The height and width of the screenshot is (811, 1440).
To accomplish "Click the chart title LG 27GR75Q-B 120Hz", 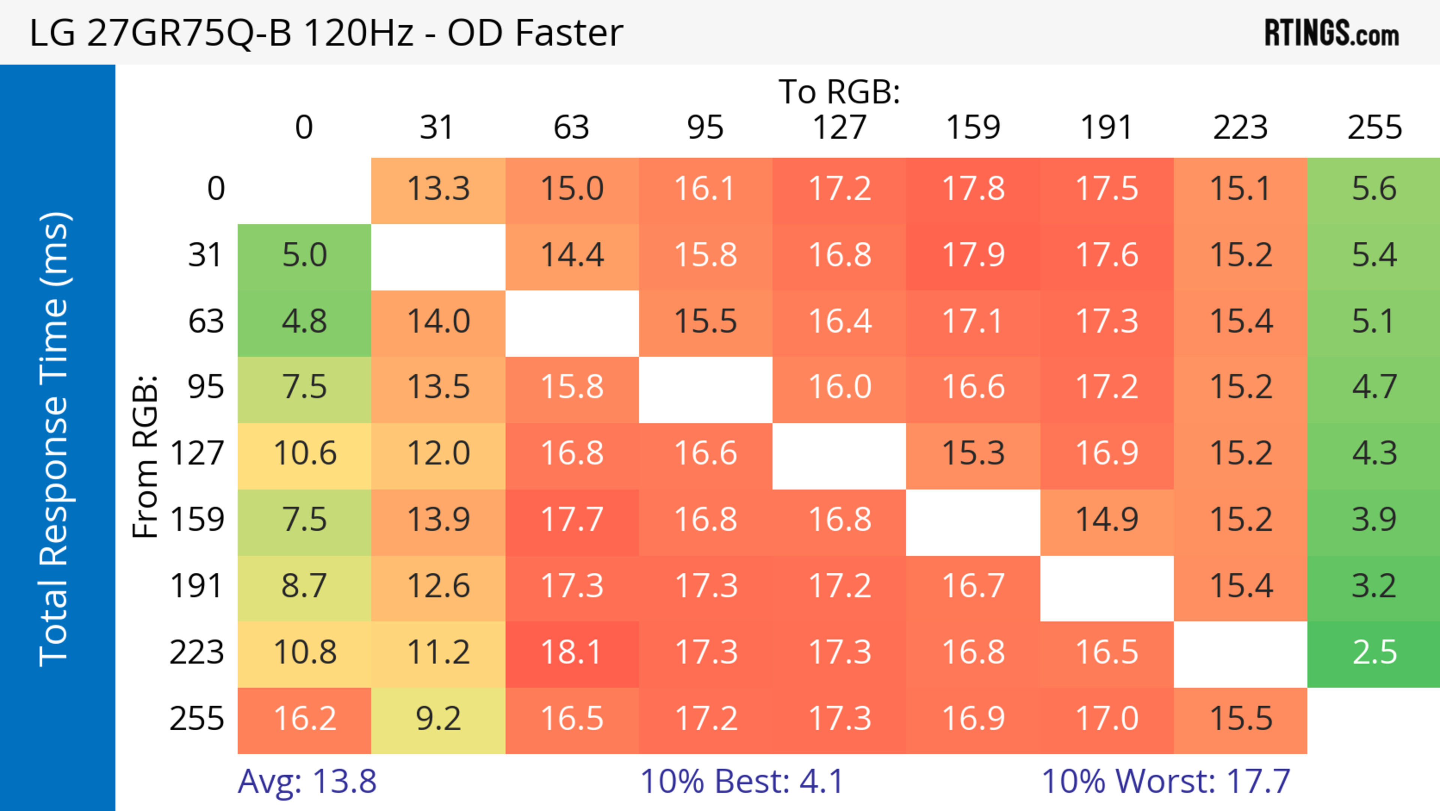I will point(326,33).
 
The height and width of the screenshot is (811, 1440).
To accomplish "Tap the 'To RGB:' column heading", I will point(839,92).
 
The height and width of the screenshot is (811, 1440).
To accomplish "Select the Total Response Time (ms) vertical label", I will point(55,439).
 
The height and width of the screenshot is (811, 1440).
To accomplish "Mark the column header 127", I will point(839,128).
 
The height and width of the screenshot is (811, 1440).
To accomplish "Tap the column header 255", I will point(1374,128).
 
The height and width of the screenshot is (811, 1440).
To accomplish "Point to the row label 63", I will point(206,322).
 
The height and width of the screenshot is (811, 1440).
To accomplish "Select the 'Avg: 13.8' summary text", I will point(307,781).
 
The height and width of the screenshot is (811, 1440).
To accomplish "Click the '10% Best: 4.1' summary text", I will point(741,781).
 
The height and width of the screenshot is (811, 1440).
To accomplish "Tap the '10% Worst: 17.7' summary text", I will point(1165,781).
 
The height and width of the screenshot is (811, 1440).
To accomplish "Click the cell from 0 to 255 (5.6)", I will point(1374,190).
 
